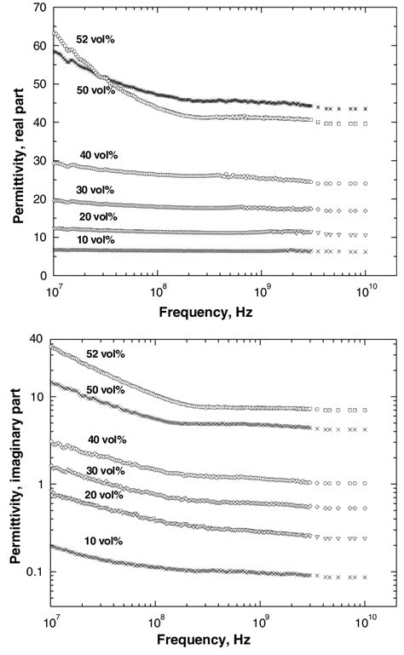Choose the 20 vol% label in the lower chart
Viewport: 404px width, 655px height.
click(102, 495)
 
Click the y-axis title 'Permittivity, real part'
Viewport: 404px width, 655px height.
click(17, 143)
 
